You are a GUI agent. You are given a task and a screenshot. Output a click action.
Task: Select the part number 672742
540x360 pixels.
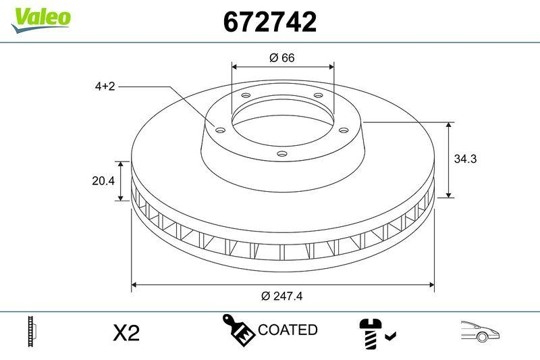(x=269, y=22)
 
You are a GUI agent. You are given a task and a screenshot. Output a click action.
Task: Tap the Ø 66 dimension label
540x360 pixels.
(x=282, y=58)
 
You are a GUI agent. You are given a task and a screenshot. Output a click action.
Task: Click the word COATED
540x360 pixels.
(x=288, y=330)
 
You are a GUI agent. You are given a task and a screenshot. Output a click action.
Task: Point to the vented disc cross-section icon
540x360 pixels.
(x=31, y=331)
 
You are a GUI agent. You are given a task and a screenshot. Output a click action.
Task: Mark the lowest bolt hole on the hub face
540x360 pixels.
(x=282, y=155)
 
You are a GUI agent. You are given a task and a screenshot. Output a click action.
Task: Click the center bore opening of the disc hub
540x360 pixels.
(x=282, y=122)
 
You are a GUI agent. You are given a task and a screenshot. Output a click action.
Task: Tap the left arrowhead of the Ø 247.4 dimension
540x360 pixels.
(x=134, y=284)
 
